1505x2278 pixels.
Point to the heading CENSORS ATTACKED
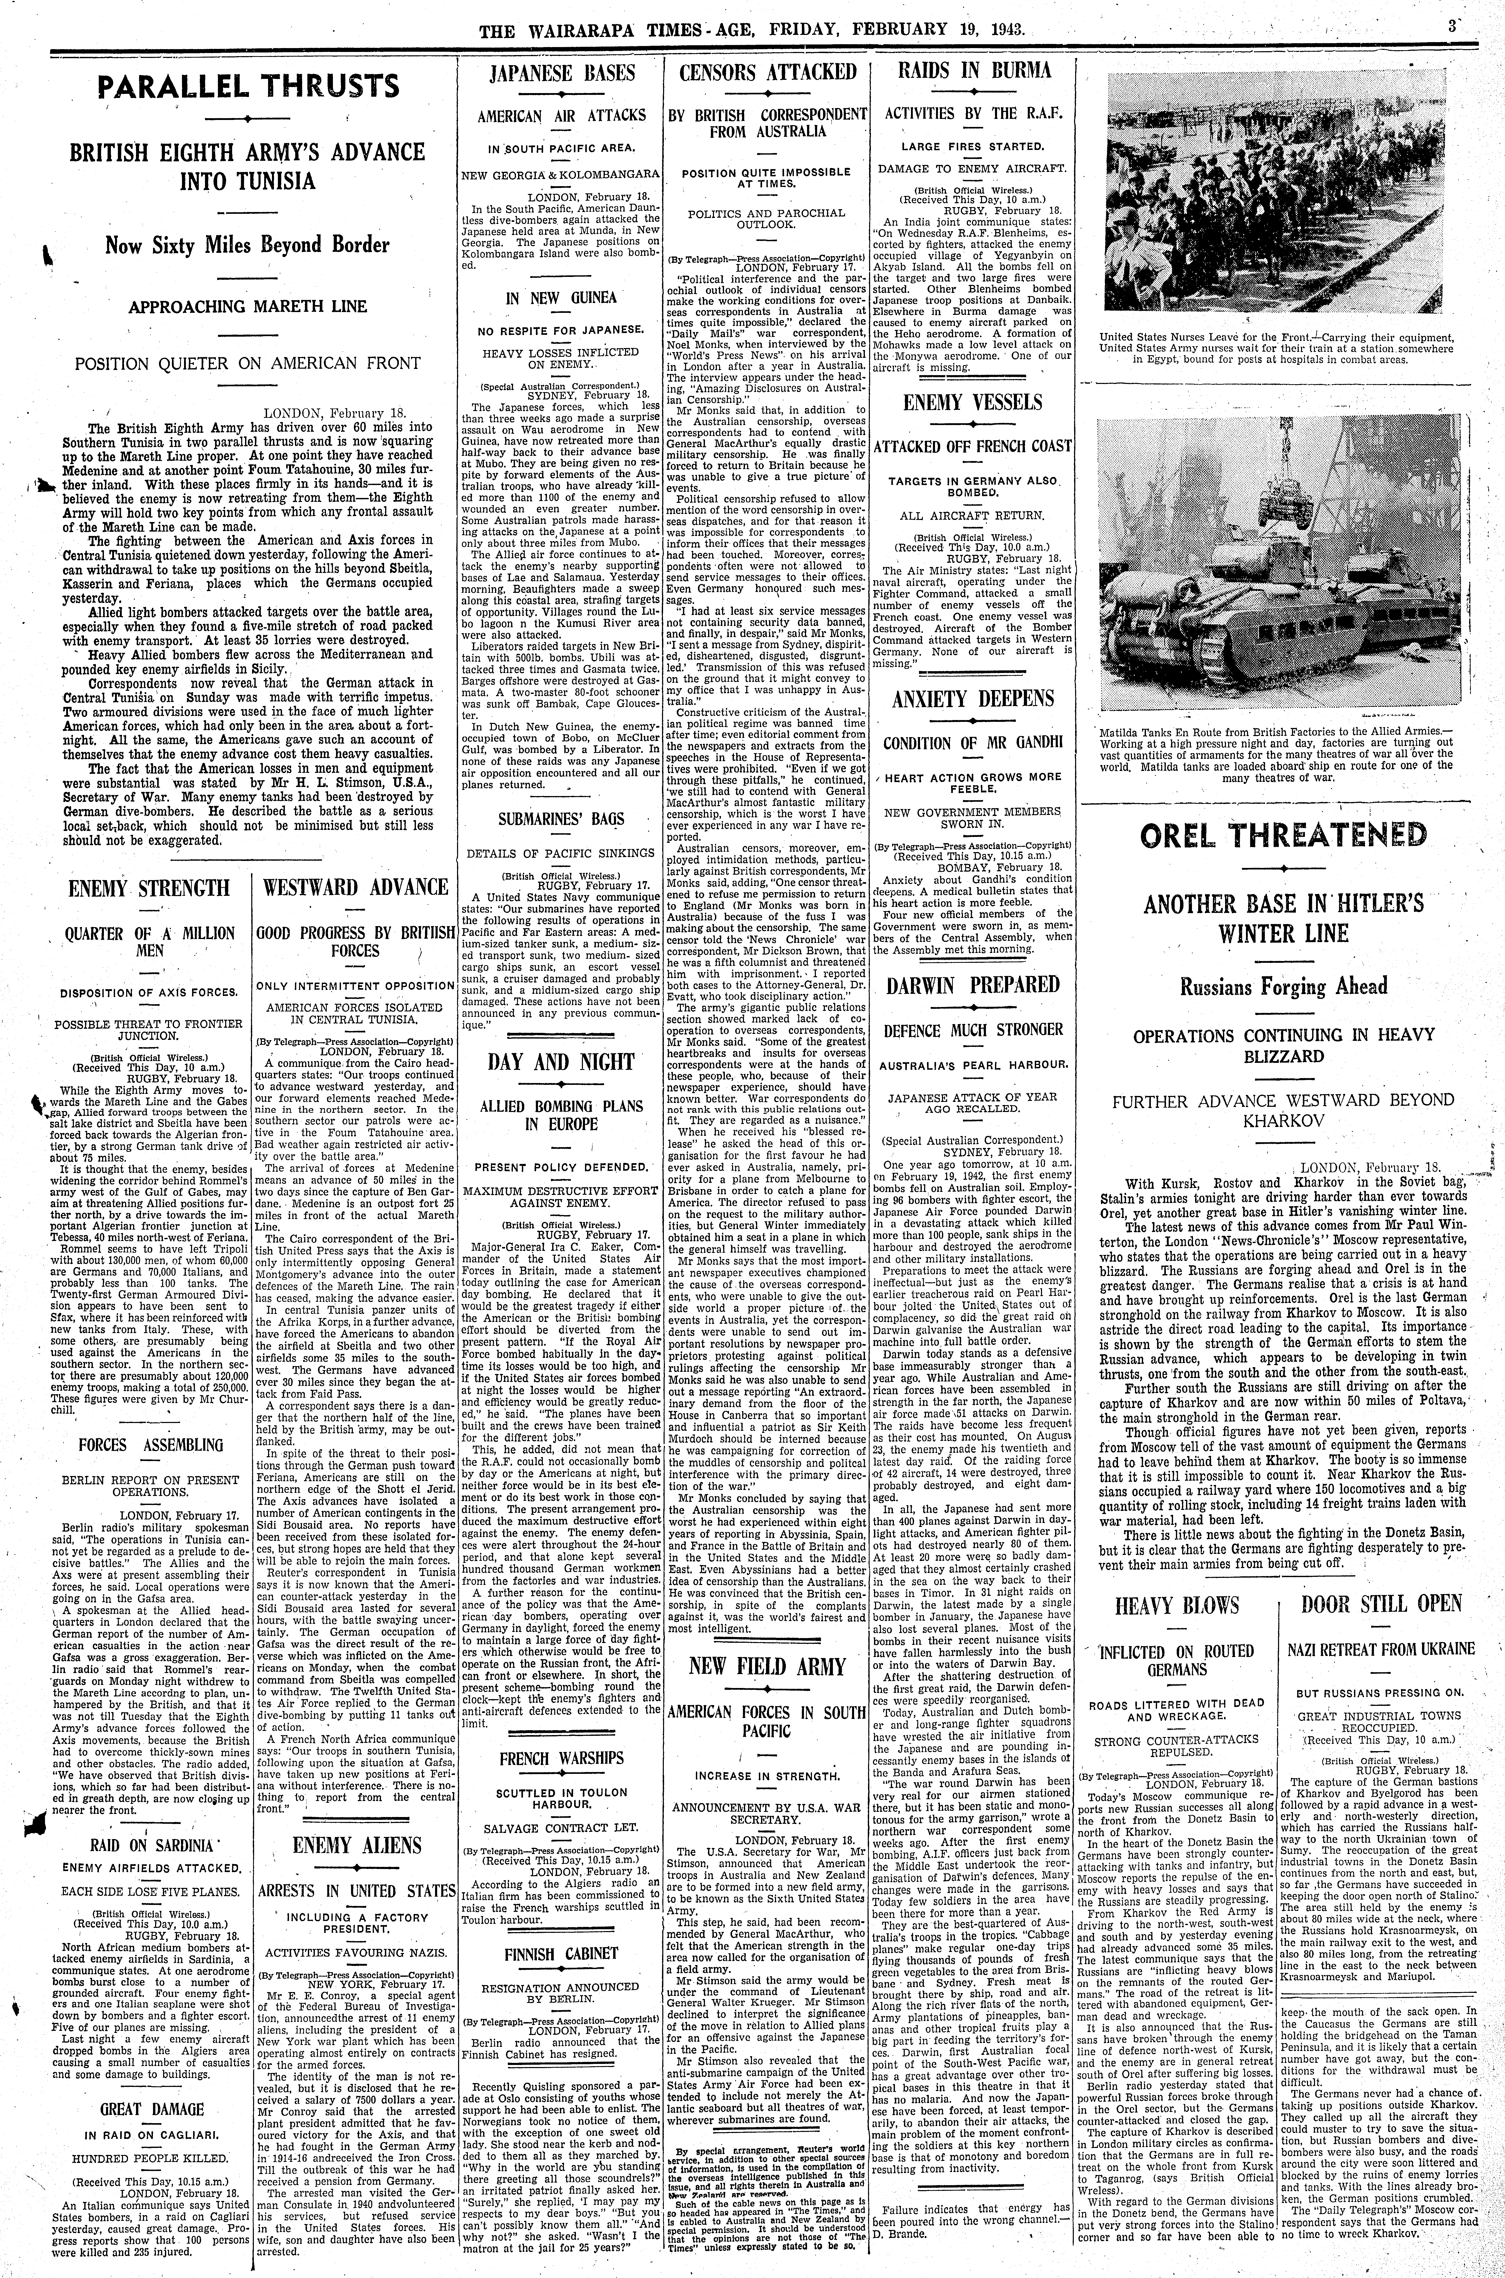click(x=767, y=73)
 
